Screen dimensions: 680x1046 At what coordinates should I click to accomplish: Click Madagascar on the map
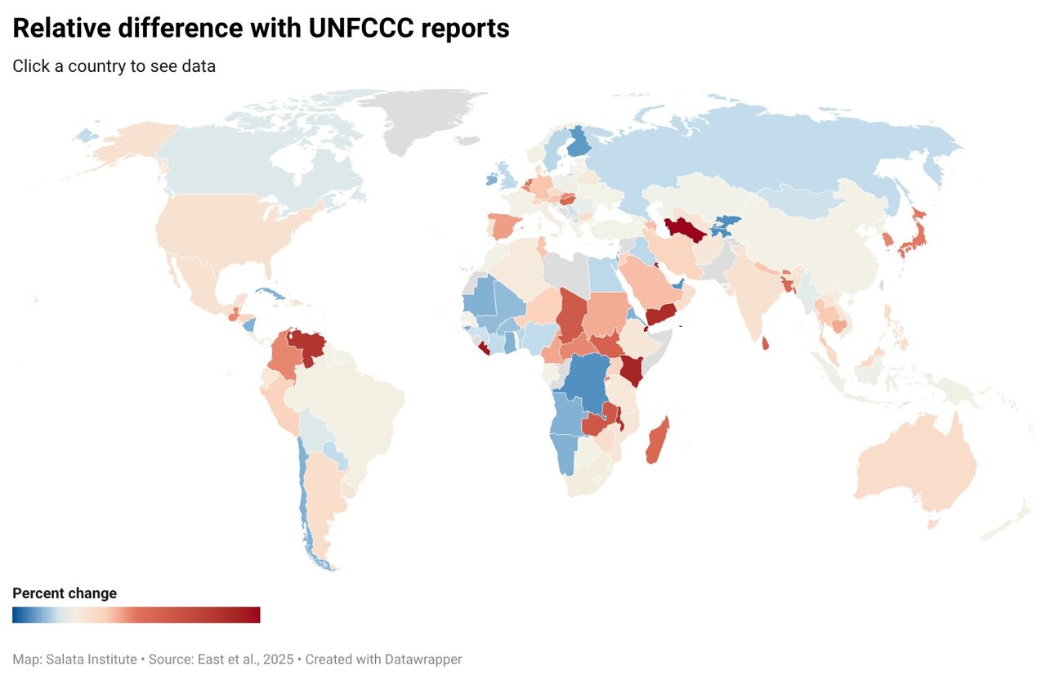tap(657, 441)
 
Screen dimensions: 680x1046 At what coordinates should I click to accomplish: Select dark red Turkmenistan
tap(685, 230)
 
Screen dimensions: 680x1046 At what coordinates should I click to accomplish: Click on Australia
tap(915, 462)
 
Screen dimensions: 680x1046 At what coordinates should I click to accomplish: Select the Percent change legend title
tap(65, 593)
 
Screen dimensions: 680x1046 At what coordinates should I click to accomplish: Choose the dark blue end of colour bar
tap(17, 615)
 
